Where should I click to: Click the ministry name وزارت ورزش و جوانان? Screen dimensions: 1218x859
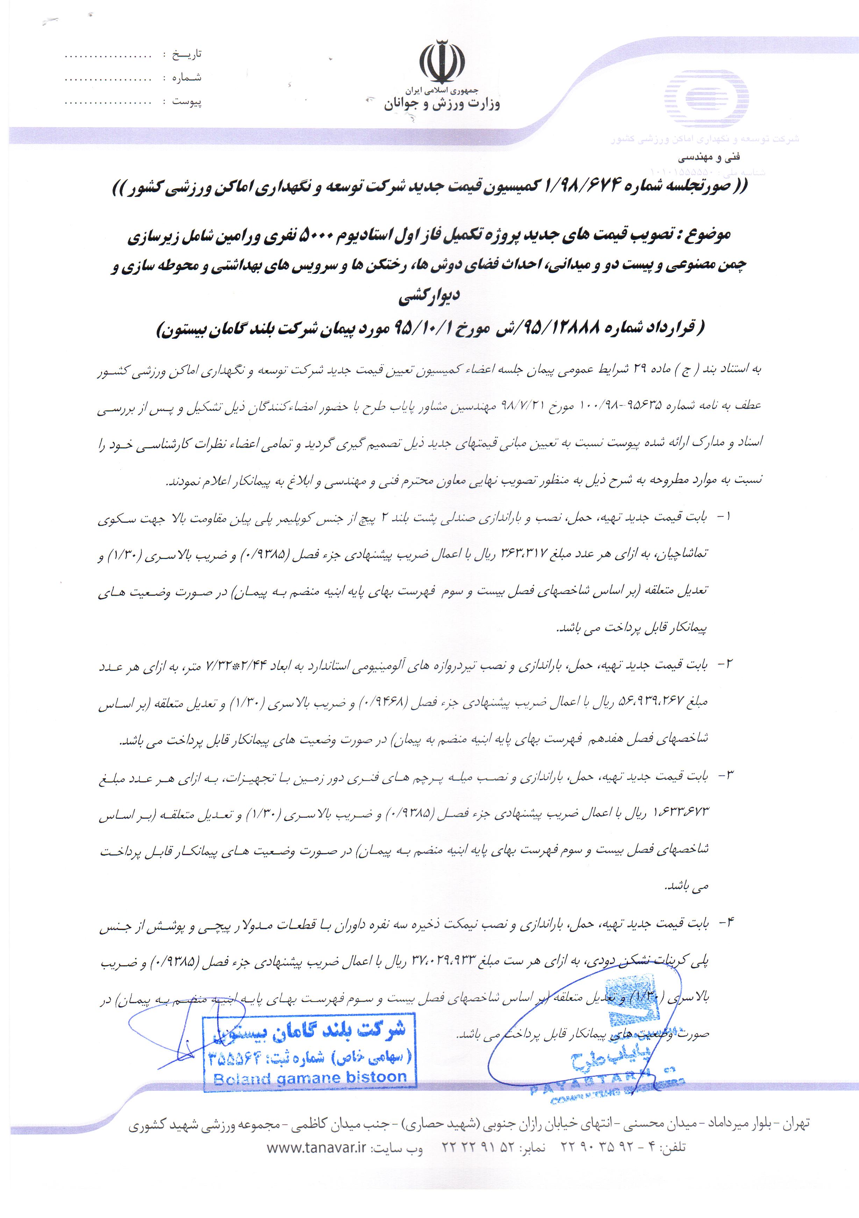click(x=442, y=104)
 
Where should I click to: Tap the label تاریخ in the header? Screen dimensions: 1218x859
click(x=186, y=55)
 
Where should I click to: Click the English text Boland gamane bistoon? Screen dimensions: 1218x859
click(x=310, y=1079)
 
